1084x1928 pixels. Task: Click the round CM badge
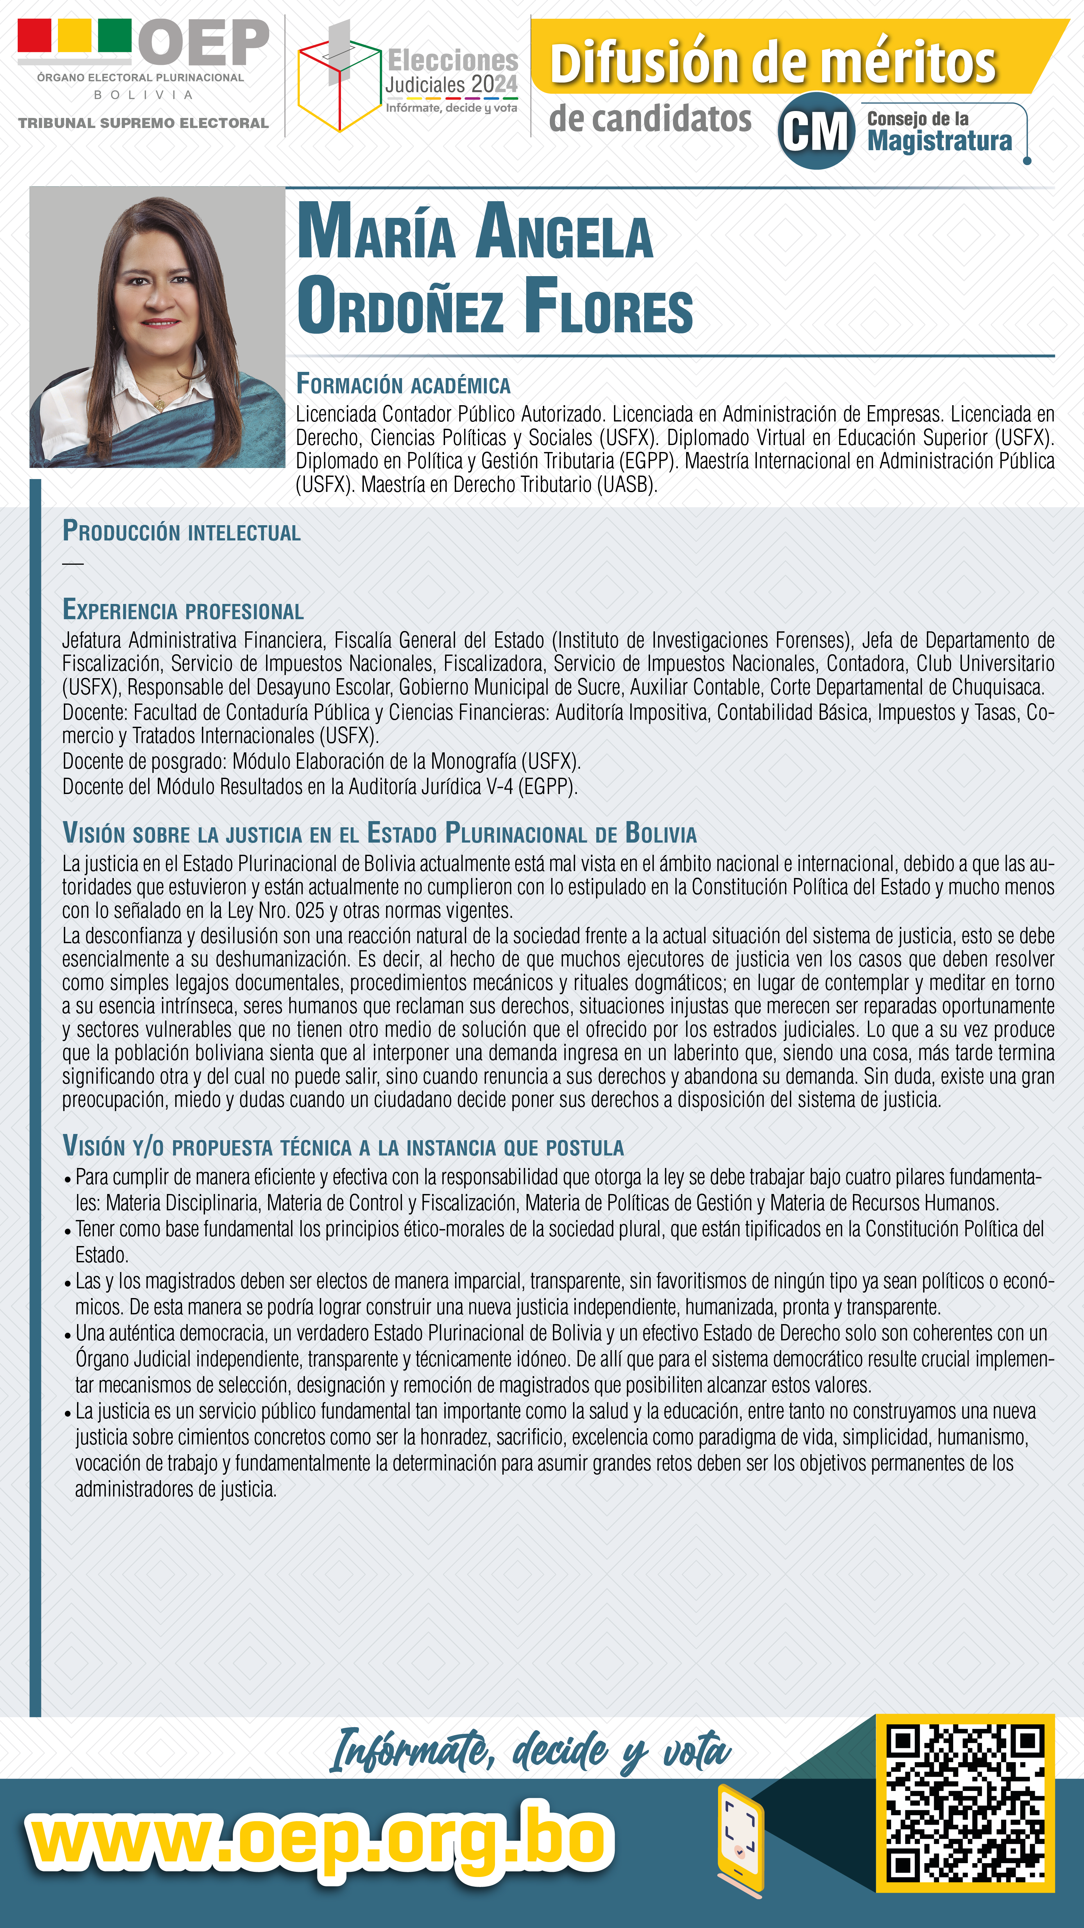click(x=816, y=131)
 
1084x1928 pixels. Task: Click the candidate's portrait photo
click(x=157, y=327)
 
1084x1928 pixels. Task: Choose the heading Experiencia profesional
click(x=183, y=610)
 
